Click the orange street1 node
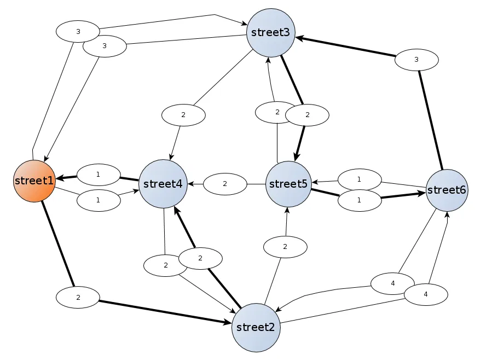click(34, 181)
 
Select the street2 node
click(256, 328)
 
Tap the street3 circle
click(271, 32)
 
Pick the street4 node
click(163, 184)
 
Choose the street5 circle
click(288, 184)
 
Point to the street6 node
click(447, 190)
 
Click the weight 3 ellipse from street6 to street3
click(416, 60)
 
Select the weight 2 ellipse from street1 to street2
click(78, 298)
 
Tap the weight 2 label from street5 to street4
click(225, 184)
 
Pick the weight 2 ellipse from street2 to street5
click(285, 247)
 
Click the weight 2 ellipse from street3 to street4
click(183, 115)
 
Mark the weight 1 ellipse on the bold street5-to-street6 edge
click(360, 200)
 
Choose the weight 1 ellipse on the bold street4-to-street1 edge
click(99, 175)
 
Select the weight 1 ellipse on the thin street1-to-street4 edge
click(99, 200)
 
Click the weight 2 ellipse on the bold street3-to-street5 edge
click(307, 115)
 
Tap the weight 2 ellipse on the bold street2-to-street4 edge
click(200, 258)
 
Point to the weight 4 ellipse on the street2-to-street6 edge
click(426, 294)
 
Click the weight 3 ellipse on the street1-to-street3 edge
click(78, 31)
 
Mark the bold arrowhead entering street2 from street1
click(227, 323)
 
